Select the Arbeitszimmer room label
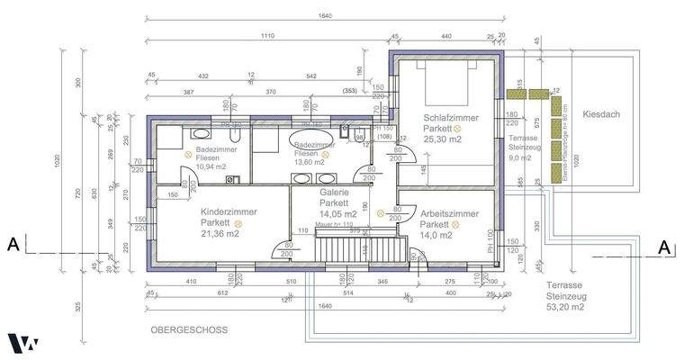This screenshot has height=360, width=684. tap(449, 213)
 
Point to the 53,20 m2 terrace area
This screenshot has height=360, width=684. tap(564, 307)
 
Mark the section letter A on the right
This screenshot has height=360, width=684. tap(663, 247)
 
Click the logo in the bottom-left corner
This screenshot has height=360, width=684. tap(22, 343)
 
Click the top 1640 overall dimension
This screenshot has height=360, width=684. tap(360, 15)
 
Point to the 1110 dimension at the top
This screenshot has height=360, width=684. tap(267, 36)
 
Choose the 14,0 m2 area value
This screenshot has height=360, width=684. tap(434, 235)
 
